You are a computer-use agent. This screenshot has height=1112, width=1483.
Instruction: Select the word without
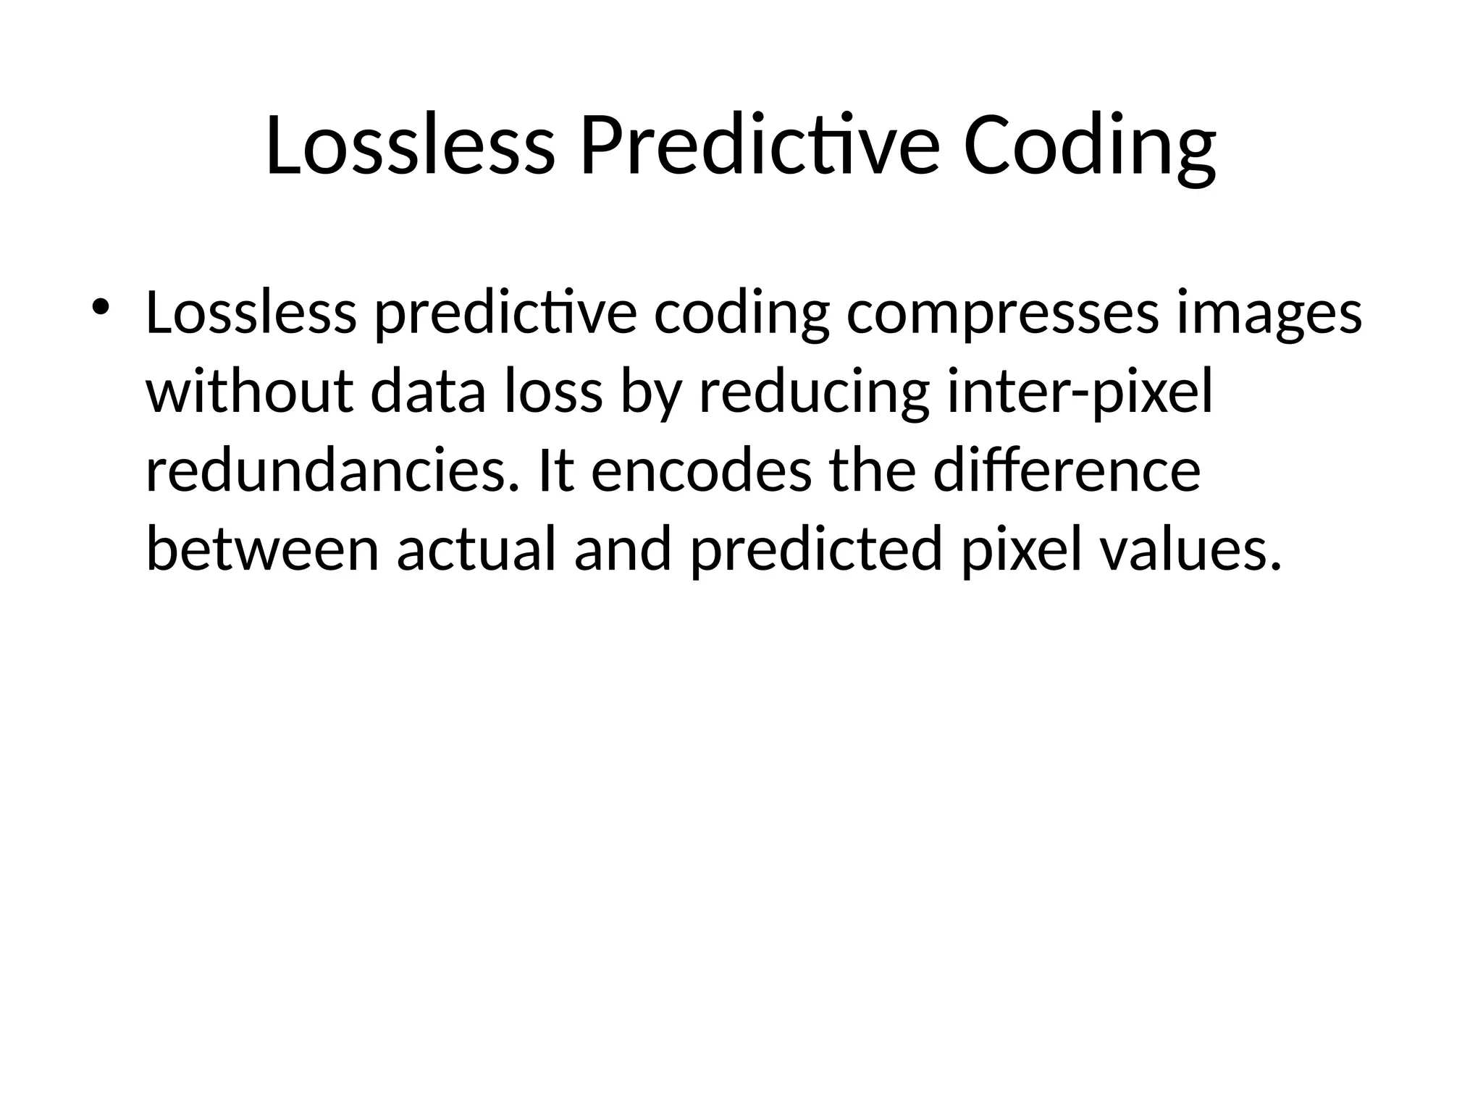coord(250,392)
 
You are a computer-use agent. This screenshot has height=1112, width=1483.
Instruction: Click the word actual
coord(477,549)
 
